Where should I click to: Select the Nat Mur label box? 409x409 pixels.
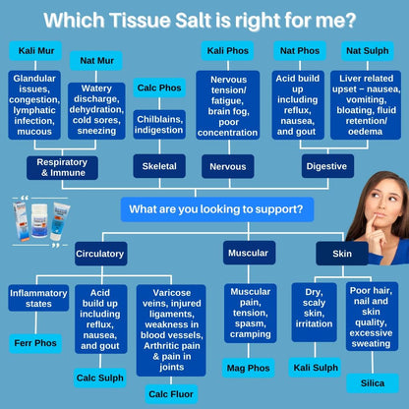pyautogui.click(x=94, y=60)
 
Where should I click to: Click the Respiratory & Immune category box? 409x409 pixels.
pyautogui.click(x=62, y=166)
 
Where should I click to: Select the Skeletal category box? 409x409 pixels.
pyautogui.click(x=159, y=166)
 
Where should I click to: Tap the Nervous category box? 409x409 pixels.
pyautogui.click(x=228, y=166)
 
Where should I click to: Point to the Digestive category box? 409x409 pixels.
pyautogui.click(x=326, y=166)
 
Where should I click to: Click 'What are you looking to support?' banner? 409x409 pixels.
pyautogui.click(x=217, y=208)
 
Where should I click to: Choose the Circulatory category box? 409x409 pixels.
pyautogui.click(x=100, y=254)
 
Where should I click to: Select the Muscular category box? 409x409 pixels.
pyautogui.click(x=249, y=253)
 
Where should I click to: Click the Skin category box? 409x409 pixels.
pyautogui.click(x=340, y=254)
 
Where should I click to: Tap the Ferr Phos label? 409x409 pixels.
pyautogui.click(x=36, y=344)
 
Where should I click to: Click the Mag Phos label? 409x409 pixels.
pyautogui.click(x=248, y=369)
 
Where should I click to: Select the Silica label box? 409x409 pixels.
pyautogui.click(x=372, y=382)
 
